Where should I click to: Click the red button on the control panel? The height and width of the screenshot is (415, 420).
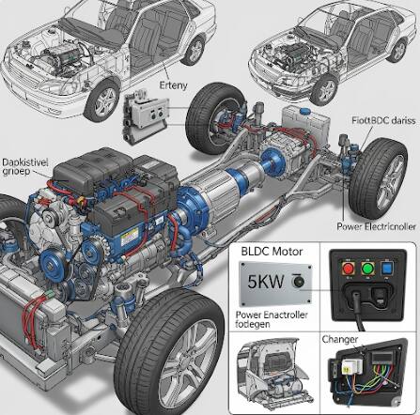(x=348, y=269)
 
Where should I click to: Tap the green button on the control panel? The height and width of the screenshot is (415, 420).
(x=367, y=269)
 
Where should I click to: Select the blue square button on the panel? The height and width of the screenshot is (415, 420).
(x=386, y=269)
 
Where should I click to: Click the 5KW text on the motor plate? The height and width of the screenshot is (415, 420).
(x=266, y=282)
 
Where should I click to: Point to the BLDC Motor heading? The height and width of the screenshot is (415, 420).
(x=272, y=252)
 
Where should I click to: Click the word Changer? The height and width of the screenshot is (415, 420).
(x=340, y=339)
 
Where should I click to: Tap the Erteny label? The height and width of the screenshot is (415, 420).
(x=173, y=85)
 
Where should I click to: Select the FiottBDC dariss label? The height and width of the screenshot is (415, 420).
(x=383, y=120)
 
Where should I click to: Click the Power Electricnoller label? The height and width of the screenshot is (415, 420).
(x=377, y=226)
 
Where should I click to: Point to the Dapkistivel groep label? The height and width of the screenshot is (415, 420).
(x=25, y=167)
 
